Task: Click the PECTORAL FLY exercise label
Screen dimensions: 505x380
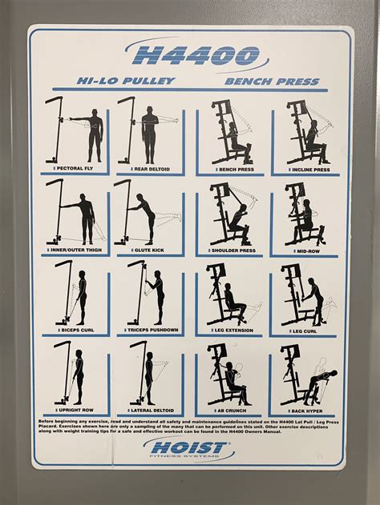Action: (79, 170)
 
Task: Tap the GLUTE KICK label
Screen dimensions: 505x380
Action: (149, 252)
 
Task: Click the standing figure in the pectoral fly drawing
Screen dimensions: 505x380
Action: (95, 130)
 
